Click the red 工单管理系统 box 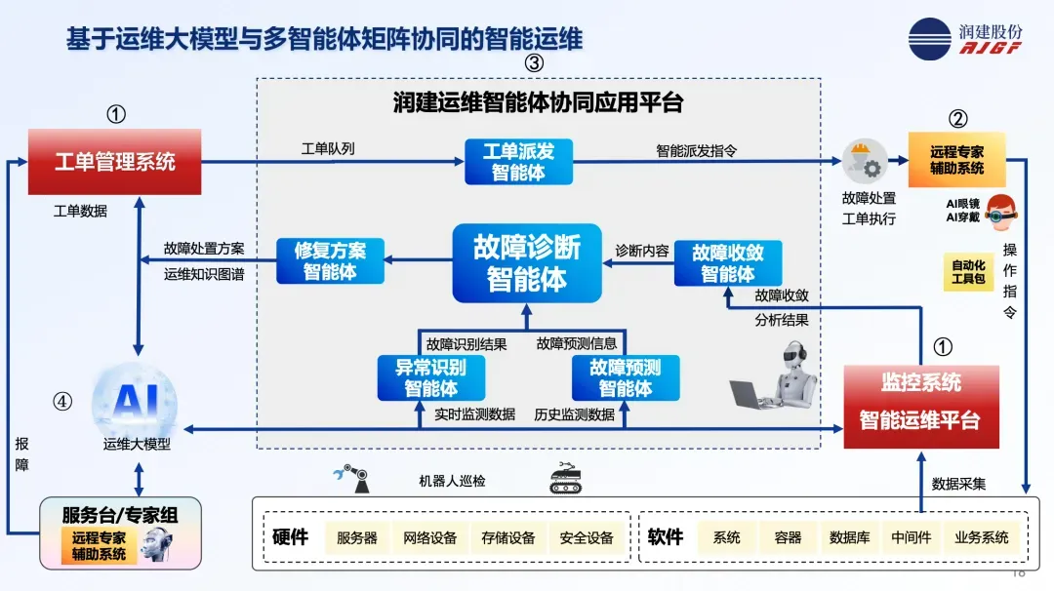115,162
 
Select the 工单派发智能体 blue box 518,162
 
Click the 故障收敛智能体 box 728,262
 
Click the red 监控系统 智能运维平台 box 920,407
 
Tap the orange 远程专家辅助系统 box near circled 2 956,161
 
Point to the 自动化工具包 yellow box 968,272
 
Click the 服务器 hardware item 357,537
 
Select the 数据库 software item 849,537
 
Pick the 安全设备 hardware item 587,537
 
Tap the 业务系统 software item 981,537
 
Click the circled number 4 62,401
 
